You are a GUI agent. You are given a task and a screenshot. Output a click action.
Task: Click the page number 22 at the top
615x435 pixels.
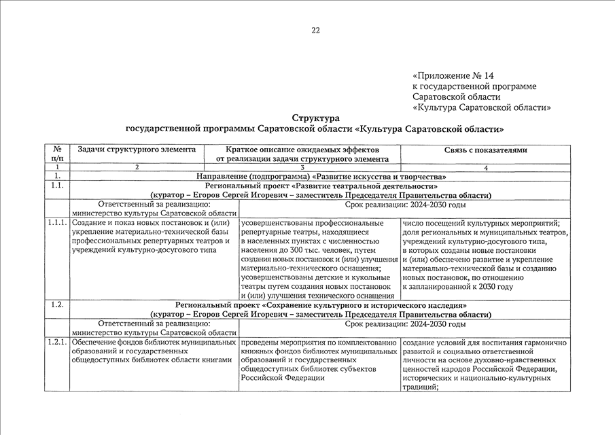click(x=315, y=30)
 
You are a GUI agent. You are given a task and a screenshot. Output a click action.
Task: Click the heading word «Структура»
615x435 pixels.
click(x=315, y=118)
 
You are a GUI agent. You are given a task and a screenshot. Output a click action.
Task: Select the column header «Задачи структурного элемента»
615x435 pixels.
click(x=137, y=150)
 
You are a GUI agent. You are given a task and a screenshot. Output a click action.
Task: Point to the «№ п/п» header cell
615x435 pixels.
click(x=57, y=154)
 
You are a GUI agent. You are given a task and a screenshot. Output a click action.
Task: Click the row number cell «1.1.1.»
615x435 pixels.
click(x=57, y=223)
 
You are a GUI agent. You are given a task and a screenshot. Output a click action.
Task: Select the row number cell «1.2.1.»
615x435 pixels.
click(x=57, y=342)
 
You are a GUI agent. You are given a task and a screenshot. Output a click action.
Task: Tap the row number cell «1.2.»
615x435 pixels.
click(x=57, y=305)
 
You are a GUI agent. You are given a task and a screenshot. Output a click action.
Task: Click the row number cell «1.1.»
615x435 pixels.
click(x=57, y=186)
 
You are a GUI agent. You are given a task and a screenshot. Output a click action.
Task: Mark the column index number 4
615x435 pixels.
click(x=485, y=167)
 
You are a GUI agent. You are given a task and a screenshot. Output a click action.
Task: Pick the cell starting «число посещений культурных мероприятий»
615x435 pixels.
click(x=485, y=255)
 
